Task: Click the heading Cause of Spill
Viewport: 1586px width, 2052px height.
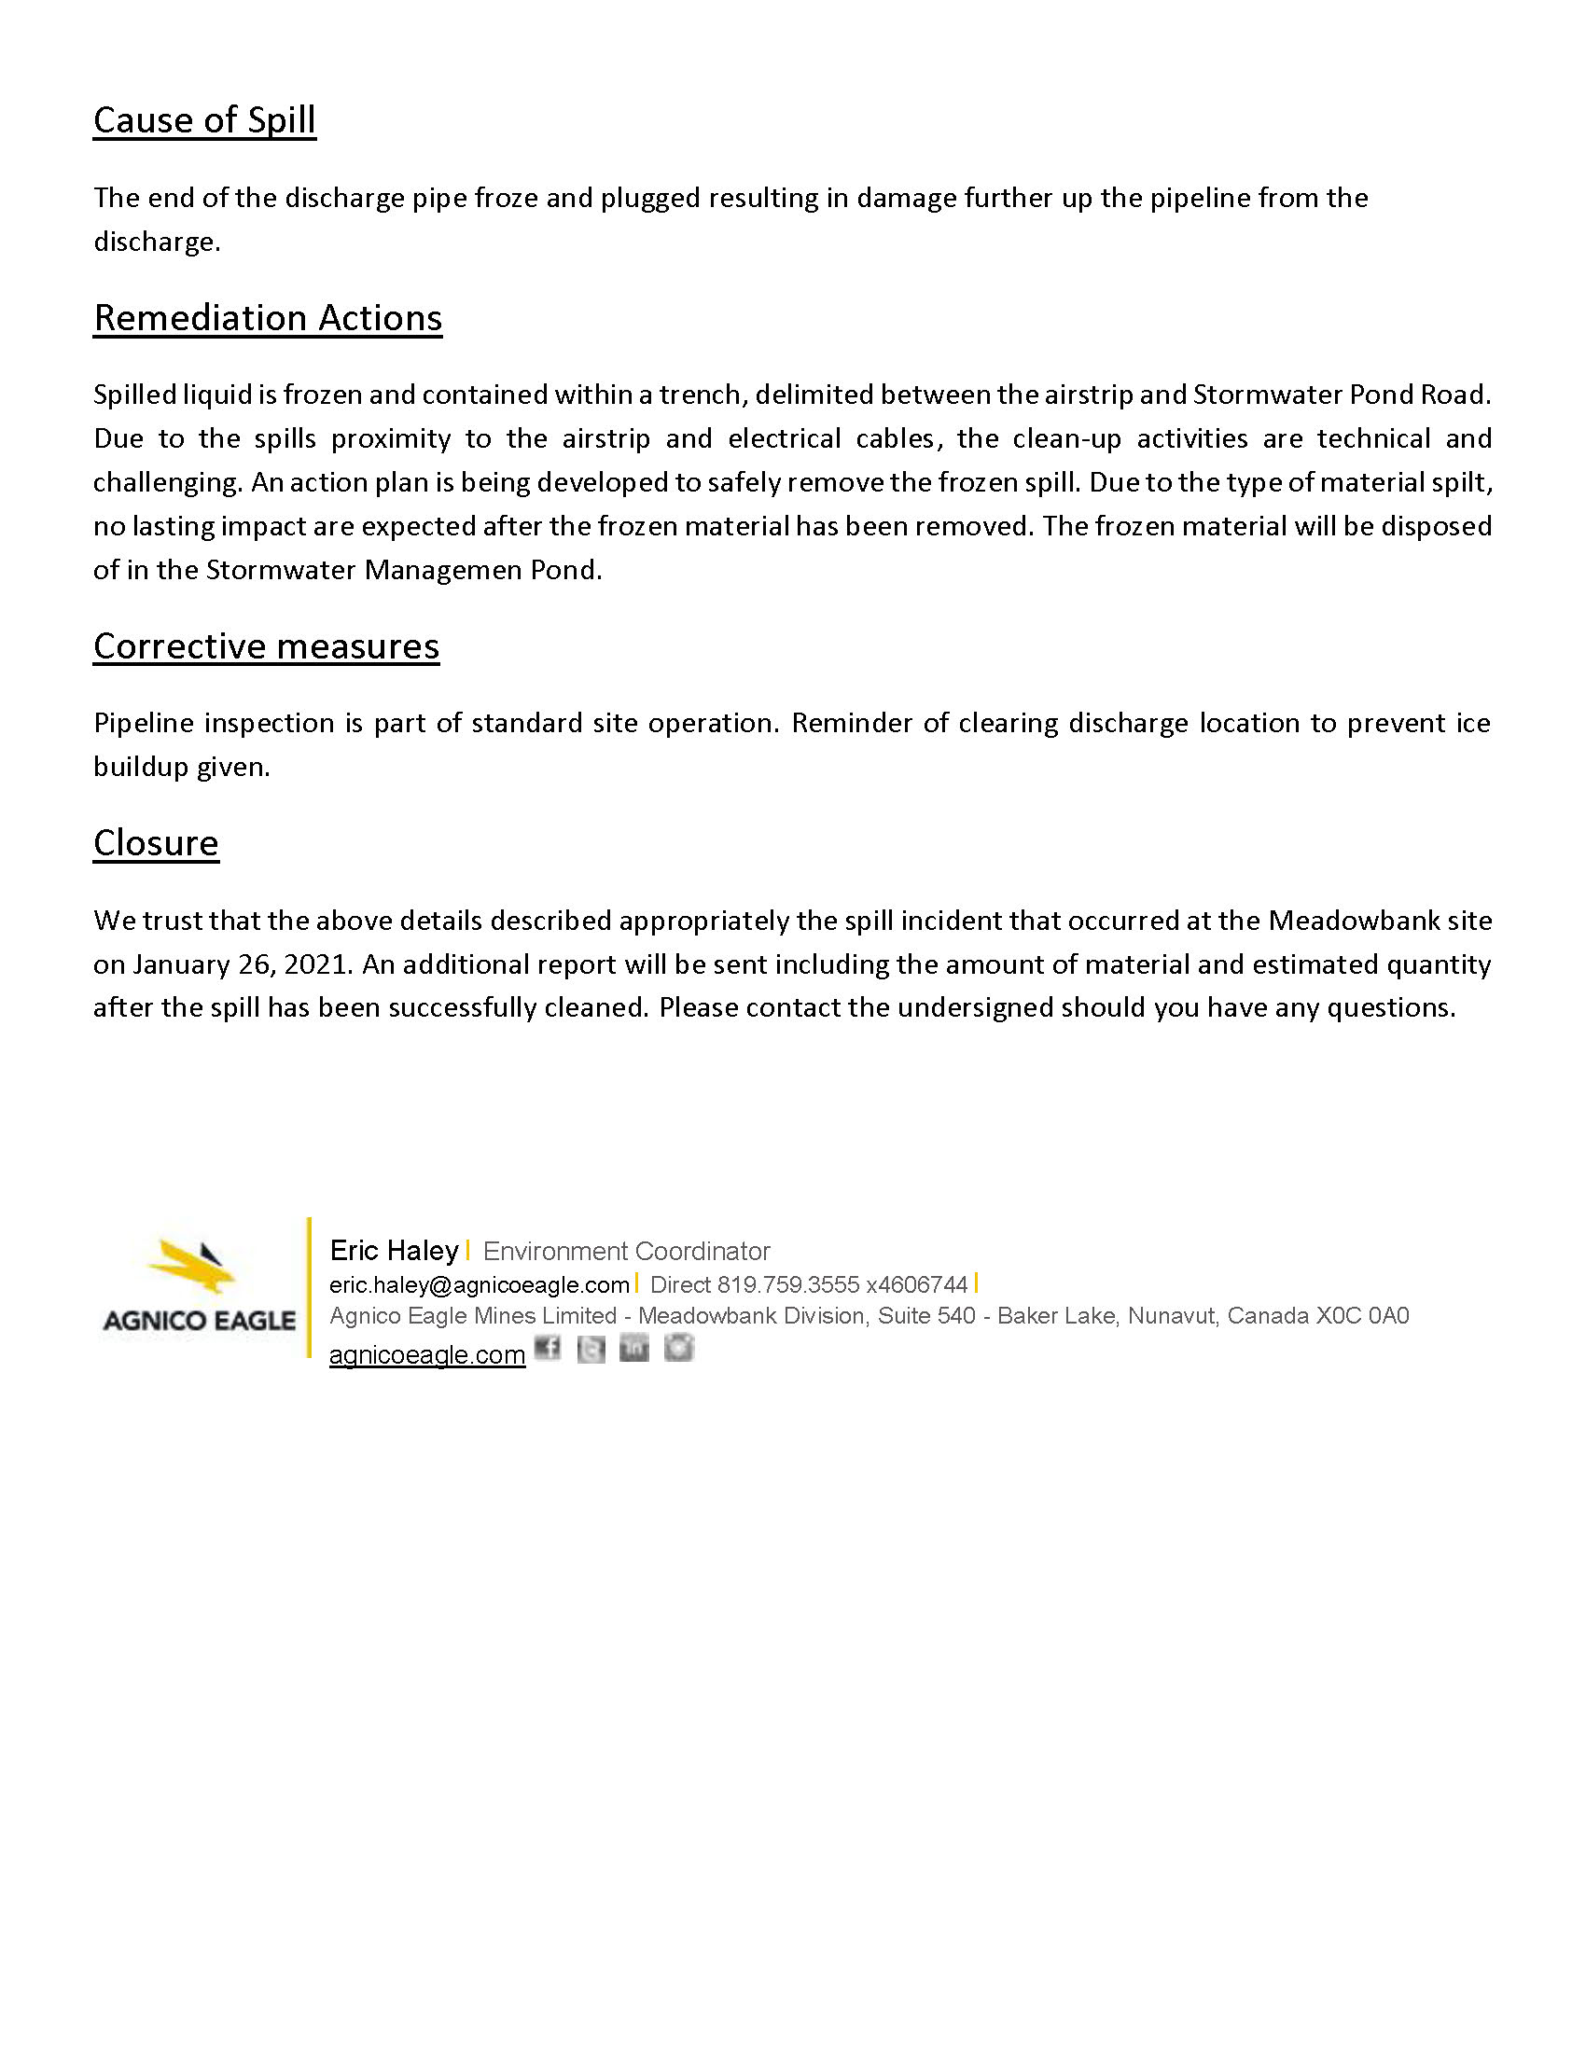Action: (x=204, y=120)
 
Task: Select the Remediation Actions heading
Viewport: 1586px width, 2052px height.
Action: (x=268, y=317)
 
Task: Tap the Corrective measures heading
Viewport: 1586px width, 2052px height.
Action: (x=266, y=646)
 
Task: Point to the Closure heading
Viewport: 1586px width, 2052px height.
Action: (x=156, y=843)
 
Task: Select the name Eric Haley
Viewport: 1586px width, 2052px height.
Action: (x=394, y=1251)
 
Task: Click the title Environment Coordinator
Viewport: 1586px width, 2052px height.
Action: (x=626, y=1252)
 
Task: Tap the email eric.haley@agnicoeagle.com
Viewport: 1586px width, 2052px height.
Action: (x=480, y=1284)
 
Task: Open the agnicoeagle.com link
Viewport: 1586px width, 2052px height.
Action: (x=426, y=1355)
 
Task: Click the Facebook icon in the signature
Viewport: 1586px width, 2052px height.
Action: (x=547, y=1349)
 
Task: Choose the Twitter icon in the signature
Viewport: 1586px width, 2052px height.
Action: (x=590, y=1350)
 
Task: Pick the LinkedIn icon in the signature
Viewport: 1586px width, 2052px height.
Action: (x=634, y=1350)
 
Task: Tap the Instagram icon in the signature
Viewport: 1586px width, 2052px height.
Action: (x=678, y=1349)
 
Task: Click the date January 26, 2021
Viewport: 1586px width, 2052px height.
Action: (x=243, y=964)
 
